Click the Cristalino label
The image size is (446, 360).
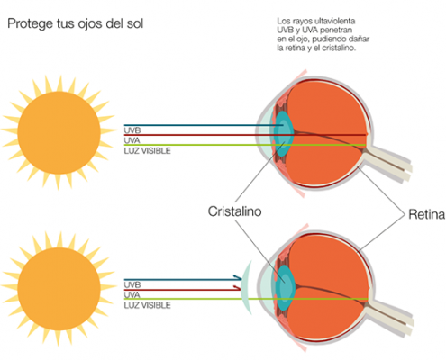234,211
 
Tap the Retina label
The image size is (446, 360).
426,214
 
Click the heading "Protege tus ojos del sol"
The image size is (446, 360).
75,23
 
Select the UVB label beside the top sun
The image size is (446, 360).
132,130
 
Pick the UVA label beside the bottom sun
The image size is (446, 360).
132,295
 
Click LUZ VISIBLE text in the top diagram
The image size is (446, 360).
147,150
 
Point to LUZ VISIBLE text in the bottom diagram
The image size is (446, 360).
147,305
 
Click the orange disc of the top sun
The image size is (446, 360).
59,132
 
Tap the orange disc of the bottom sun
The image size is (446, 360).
59,289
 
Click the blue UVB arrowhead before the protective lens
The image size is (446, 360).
238,278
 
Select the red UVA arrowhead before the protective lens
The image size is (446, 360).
237,288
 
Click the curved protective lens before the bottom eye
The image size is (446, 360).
245,288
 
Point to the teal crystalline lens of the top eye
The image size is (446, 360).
284,134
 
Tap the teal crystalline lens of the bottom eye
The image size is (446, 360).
286,288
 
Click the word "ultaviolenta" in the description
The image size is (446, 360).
335,21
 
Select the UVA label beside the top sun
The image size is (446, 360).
132,140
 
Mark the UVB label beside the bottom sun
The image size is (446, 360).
132,284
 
